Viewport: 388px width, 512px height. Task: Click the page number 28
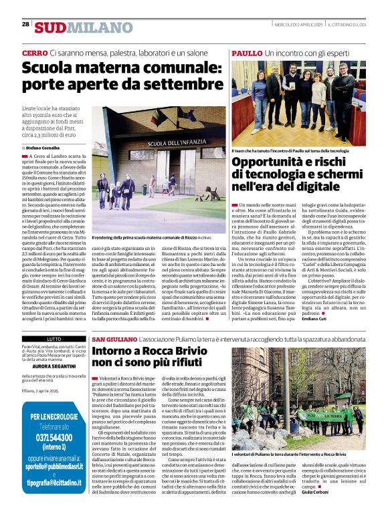25,24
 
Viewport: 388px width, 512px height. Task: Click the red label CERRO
35,52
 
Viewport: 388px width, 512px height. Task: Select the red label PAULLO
247,52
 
